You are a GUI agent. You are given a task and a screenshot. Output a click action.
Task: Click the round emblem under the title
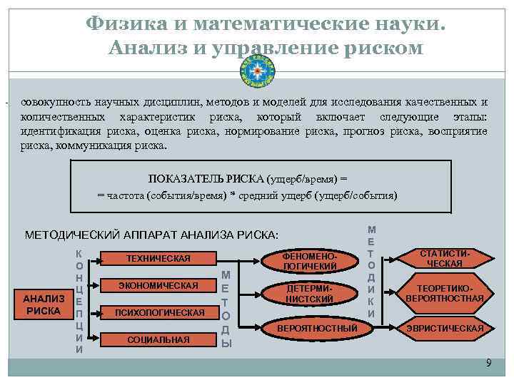pos(258,71)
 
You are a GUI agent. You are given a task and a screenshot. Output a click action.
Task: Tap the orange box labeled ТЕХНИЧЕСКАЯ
pos(158,257)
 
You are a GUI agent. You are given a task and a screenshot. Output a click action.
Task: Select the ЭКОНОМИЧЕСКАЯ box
pos(158,285)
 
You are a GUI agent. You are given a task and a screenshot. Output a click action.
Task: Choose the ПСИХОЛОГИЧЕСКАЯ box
pos(158,312)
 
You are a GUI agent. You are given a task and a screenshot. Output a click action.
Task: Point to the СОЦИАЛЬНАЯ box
pos(158,339)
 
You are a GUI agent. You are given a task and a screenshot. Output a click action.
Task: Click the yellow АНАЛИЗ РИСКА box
pos(44,304)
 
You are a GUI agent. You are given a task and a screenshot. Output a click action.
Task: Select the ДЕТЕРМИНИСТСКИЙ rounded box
pos(309,293)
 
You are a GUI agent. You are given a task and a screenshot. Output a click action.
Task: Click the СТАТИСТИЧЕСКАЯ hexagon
pos(445,258)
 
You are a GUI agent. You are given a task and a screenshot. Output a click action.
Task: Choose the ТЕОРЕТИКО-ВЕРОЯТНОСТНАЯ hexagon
pos(445,292)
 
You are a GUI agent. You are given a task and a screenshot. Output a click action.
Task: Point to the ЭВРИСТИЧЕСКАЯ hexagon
pos(445,328)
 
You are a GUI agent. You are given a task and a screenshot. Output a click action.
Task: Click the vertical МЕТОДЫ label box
pos(226,307)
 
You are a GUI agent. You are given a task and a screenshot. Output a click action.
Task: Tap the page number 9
pos(488,363)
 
